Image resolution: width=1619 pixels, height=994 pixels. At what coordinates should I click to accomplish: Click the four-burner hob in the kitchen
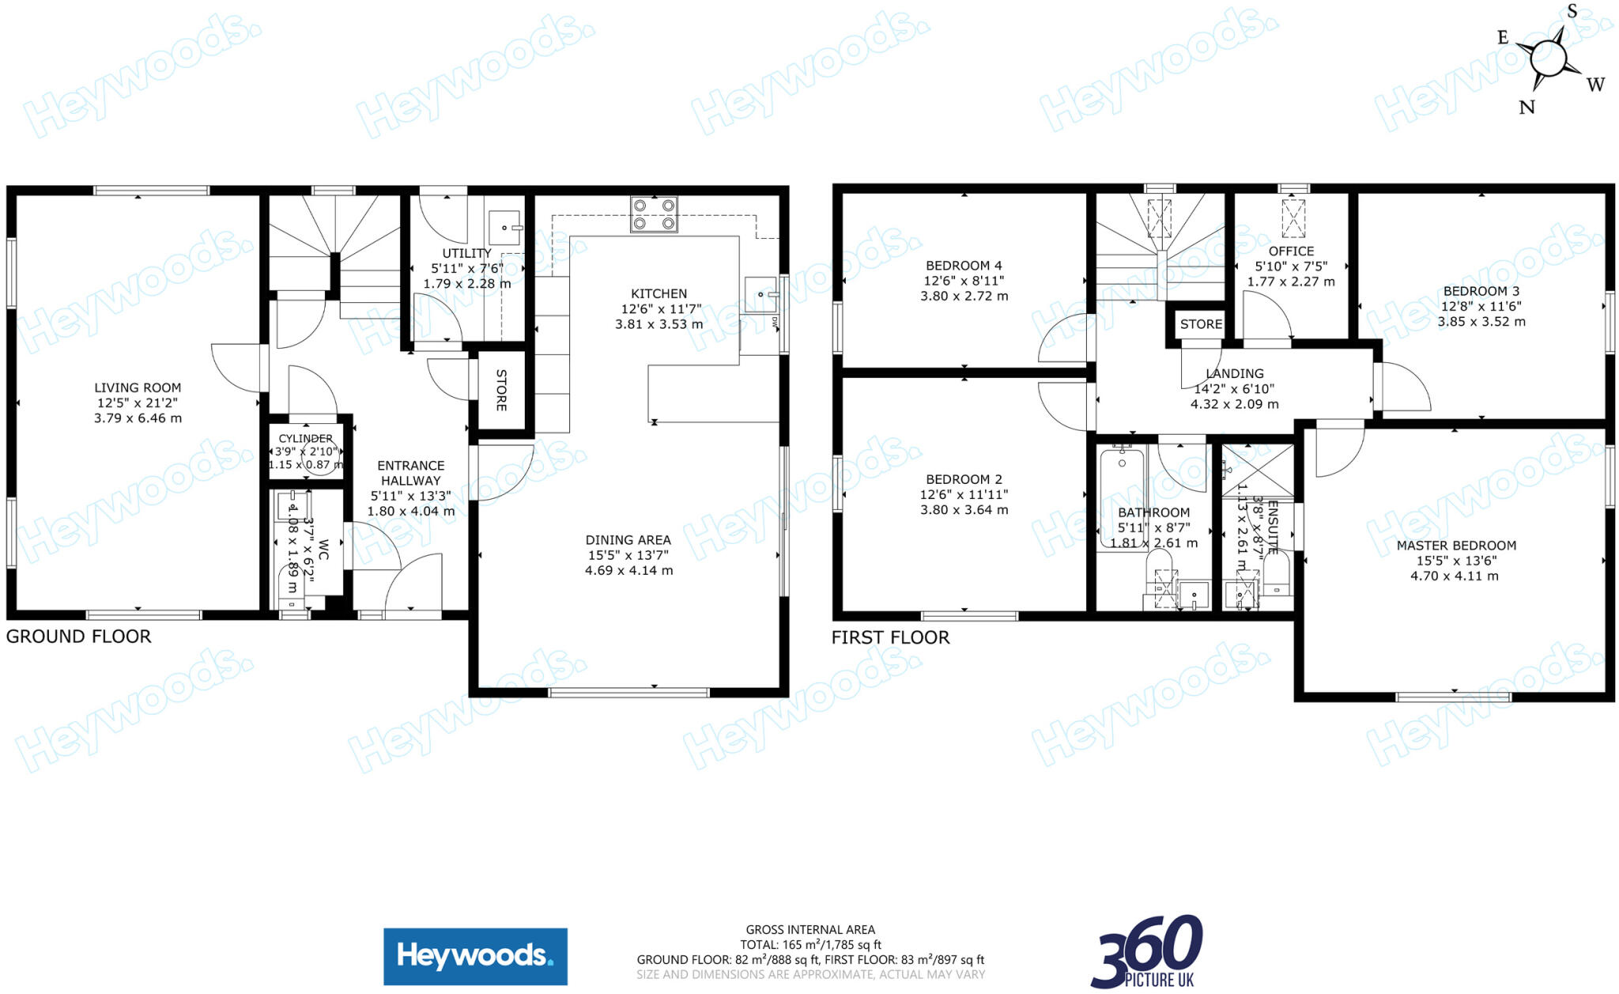(x=654, y=214)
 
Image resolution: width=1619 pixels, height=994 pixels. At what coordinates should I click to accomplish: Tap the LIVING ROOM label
(x=138, y=387)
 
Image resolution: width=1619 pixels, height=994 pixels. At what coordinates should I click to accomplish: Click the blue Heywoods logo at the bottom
(x=475, y=956)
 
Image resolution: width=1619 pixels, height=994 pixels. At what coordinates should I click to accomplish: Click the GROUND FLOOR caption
(x=78, y=637)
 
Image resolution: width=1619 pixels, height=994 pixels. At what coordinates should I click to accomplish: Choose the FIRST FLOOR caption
(x=890, y=637)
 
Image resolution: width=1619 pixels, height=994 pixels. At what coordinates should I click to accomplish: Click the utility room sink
(x=504, y=227)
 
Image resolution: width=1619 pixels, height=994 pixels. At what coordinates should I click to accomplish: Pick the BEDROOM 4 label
(x=964, y=266)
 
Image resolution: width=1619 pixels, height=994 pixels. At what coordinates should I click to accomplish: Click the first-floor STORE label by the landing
(x=1201, y=324)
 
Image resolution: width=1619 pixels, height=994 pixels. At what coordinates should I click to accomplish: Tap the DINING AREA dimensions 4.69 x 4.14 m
(x=628, y=570)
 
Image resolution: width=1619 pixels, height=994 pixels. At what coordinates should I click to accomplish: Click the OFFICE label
(x=1291, y=251)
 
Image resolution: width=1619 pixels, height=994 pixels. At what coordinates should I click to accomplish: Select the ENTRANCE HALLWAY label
(x=411, y=473)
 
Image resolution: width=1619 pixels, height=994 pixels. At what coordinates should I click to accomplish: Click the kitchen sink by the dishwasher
(x=760, y=294)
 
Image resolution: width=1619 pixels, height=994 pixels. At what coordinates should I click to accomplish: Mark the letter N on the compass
(x=1527, y=107)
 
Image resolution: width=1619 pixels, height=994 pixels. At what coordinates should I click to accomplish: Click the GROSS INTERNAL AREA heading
(x=810, y=930)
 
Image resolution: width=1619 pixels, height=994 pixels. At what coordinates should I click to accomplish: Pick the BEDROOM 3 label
(x=1481, y=291)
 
